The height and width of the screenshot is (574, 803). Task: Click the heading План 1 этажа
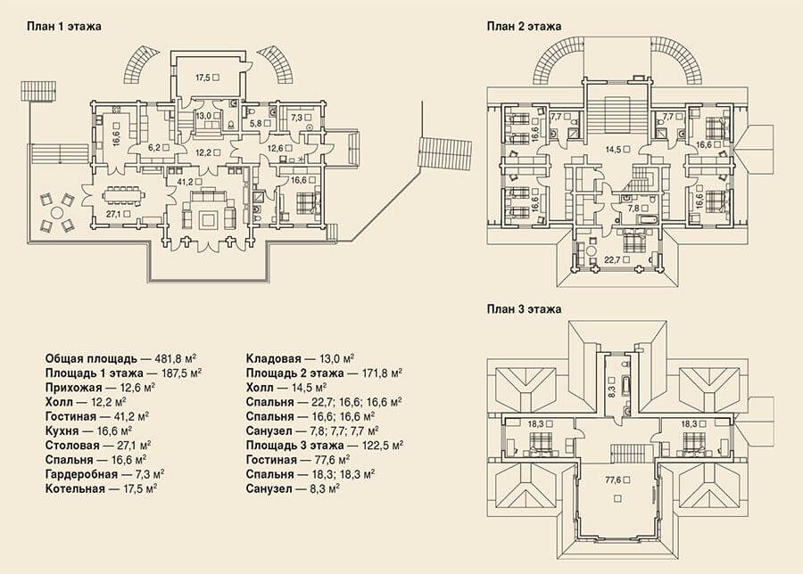click(x=64, y=26)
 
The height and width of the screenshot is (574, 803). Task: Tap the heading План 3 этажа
click(x=524, y=309)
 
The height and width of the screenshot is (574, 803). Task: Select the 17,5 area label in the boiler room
click(x=203, y=78)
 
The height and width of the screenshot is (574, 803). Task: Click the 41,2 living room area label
click(x=185, y=181)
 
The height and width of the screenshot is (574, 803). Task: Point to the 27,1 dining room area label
click(x=114, y=214)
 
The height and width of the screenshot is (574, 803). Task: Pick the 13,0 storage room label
click(x=203, y=116)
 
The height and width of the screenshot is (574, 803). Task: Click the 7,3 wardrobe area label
click(x=296, y=118)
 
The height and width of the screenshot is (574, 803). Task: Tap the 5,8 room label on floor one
click(x=255, y=123)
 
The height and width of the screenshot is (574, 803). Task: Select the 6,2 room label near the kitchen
click(x=154, y=148)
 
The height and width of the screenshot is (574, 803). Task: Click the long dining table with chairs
click(x=123, y=195)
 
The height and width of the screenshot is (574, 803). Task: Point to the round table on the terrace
click(x=57, y=212)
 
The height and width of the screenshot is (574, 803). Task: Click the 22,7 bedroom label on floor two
click(x=612, y=260)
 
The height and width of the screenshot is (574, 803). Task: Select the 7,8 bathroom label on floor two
click(x=634, y=209)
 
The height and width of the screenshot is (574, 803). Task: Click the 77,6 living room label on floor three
click(x=613, y=480)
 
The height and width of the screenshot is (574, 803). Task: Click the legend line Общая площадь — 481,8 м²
click(x=122, y=358)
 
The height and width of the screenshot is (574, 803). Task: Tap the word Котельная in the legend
click(x=75, y=488)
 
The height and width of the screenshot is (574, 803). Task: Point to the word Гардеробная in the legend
click(x=81, y=474)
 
